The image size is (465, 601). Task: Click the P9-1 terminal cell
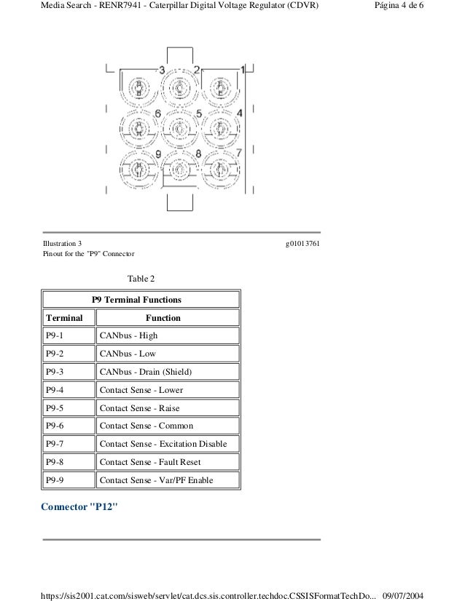click(68, 335)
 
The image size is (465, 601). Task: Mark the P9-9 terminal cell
click(68, 480)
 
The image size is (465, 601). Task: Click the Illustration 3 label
click(63, 242)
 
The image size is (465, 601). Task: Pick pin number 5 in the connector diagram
click(199, 114)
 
